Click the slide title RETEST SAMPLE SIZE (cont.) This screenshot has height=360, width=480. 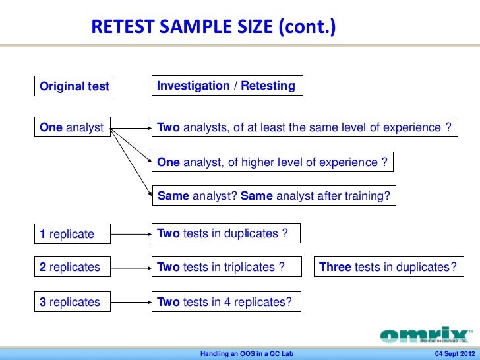213,27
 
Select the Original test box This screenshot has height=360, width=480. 75,86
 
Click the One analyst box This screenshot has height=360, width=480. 73,128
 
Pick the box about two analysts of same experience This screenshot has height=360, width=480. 305,128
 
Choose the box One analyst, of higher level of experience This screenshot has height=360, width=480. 272,162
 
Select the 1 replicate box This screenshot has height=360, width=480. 73,234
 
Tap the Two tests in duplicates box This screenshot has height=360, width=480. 225,233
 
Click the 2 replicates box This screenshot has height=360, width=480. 73,268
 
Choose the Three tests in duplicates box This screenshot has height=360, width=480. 388,268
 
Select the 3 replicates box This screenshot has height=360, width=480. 73,303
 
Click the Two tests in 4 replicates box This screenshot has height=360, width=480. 227,303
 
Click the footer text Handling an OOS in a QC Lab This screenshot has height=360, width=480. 247,354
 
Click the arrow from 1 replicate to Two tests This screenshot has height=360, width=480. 131,233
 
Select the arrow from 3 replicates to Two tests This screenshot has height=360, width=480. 131,303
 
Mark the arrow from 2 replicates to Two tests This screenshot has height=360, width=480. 131,268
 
